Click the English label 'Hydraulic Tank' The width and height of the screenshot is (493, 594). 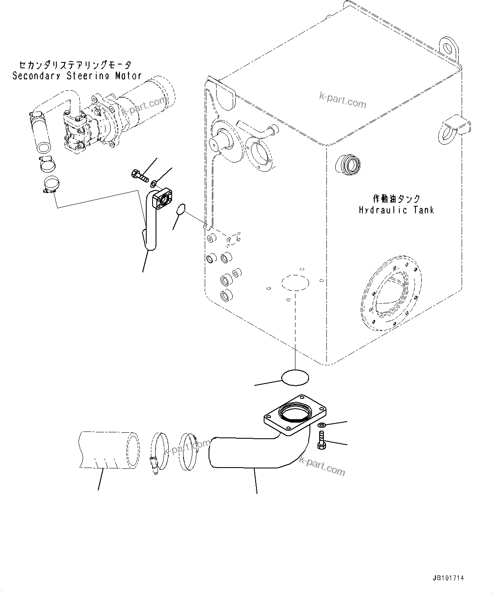click(396, 210)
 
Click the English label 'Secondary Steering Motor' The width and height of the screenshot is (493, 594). click(77, 76)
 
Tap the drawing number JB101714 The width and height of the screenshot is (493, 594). click(448, 578)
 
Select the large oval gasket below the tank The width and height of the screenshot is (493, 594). click(295, 378)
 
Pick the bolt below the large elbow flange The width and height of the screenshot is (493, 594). click(322, 439)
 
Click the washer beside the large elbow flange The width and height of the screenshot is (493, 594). click(322, 425)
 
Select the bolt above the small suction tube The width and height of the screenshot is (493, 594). click(139, 175)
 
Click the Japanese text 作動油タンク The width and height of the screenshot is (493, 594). click(397, 199)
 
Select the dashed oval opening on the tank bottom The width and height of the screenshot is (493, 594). click(295, 283)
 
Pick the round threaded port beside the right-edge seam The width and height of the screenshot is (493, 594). click(348, 164)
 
